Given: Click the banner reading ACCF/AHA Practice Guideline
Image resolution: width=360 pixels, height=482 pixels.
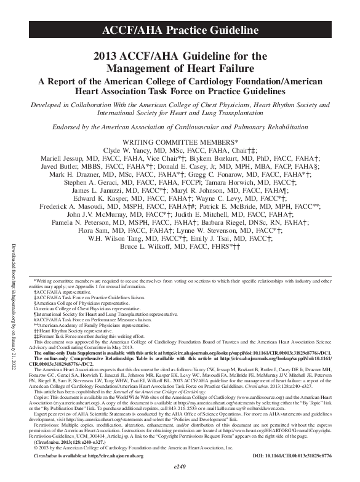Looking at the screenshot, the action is pyautogui.click(x=180, y=29).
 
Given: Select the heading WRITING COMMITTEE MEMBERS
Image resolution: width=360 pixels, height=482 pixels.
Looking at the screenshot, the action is pyautogui.click(x=180, y=142).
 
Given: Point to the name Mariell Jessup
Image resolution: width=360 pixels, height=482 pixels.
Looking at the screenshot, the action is pyautogui.click(x=79, y=159).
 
